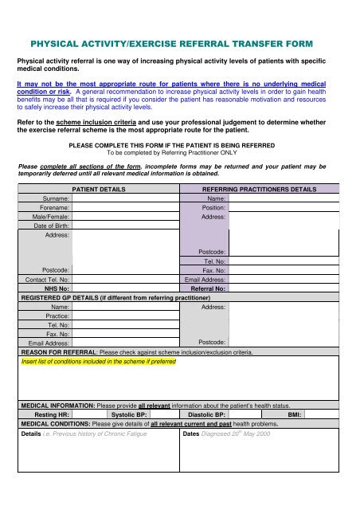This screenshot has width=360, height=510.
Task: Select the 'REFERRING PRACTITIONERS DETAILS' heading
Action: coord(260,190)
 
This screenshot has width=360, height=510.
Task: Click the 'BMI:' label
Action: coord(293,415)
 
